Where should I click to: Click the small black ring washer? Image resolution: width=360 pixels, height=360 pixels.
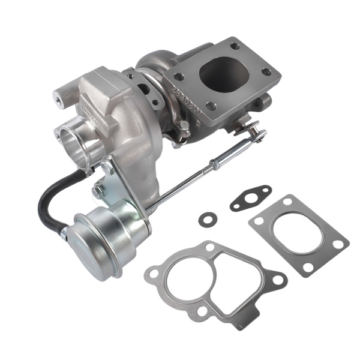click(207, 220)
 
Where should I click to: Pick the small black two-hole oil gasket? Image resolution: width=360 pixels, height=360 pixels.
click(250, 198)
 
